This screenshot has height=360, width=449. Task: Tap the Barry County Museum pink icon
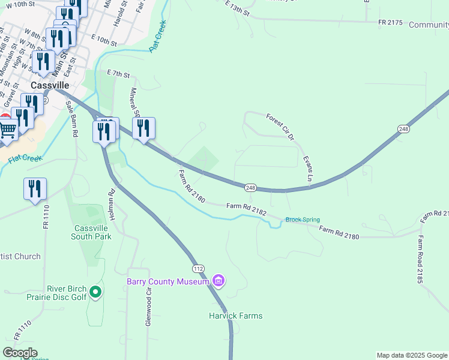click(218, 281)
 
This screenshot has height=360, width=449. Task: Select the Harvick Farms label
click(235, 316)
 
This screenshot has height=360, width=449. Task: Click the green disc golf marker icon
click(95, 293)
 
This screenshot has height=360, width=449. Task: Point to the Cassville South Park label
click(92, 232)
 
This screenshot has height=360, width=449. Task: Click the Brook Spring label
click(303, 220)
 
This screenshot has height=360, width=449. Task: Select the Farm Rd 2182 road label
click(246, 206)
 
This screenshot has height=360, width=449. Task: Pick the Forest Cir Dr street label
click(280, 127)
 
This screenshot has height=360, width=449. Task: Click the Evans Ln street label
click(308, 170)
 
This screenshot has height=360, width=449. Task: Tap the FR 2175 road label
click(390, 22)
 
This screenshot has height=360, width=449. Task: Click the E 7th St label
click(118, 74)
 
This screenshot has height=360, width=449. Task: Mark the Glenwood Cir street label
click(148, 306)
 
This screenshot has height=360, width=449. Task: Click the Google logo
click(20, 352)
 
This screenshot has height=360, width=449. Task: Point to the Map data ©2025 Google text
click(411, 355)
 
